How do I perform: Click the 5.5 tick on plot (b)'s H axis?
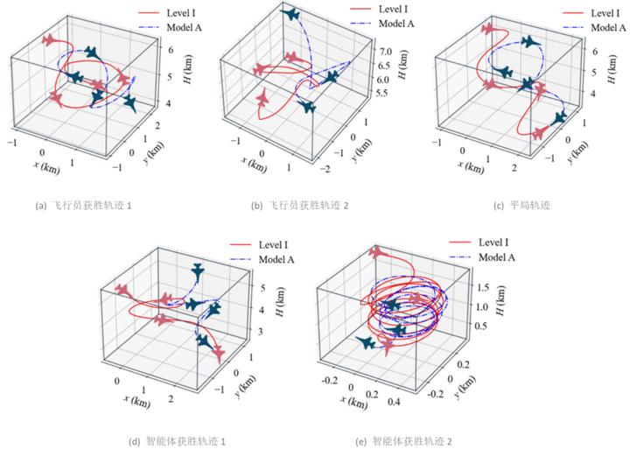click(382, 92)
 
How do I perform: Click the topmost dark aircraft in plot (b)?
click(290, 15)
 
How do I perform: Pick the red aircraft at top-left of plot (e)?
click(378, 253)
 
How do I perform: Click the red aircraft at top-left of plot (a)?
click(52, 40)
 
